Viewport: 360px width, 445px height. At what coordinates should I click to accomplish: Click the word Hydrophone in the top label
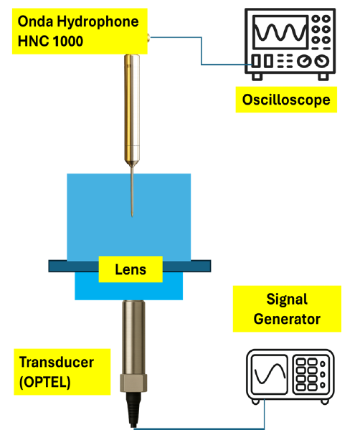[98, 21]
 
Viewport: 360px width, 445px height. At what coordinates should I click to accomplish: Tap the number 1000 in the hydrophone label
[68, 41]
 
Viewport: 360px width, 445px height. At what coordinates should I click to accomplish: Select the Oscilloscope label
[286, 100]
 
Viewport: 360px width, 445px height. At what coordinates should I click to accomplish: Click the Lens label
[131, 269]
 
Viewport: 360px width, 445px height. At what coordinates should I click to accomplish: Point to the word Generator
[287, 319]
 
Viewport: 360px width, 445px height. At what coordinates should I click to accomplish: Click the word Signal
[287, 300]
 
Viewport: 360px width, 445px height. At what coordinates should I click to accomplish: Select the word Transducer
[56, 362]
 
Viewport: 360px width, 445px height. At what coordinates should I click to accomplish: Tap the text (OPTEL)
[44, 382]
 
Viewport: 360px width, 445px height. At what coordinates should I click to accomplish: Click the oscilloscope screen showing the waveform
[280, 32]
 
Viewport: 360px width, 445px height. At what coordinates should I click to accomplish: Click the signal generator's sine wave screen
[270, 374]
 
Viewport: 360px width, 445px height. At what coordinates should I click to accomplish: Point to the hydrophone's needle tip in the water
[132, 216]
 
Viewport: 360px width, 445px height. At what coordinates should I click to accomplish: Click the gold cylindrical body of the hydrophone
[132, 107]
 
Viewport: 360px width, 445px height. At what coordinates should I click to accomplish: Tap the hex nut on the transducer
[133, 383]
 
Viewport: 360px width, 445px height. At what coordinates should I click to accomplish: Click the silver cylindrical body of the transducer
[133, 338]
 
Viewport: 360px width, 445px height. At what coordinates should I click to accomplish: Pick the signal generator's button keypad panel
[310, 374]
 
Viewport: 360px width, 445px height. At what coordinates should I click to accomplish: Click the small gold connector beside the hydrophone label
[148, 37]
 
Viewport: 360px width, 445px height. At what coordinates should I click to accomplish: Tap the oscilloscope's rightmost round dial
[322, 61]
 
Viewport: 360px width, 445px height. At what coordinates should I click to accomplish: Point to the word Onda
[35, 21]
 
